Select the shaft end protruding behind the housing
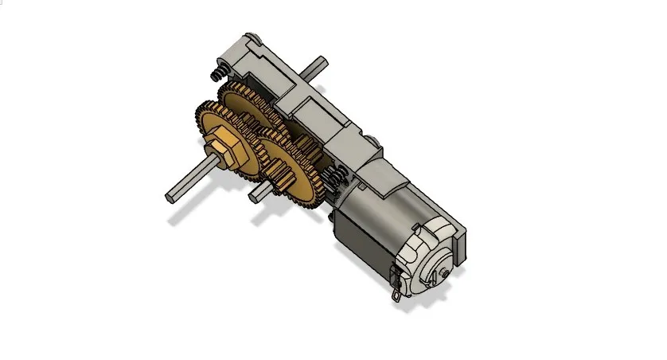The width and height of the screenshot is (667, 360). click(x=320, y=62)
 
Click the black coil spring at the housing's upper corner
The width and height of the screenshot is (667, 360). click(x=215, y=75)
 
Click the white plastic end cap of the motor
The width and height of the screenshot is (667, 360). click(x=426, y=263)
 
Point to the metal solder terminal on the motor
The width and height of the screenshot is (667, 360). click(x=396, y=290)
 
